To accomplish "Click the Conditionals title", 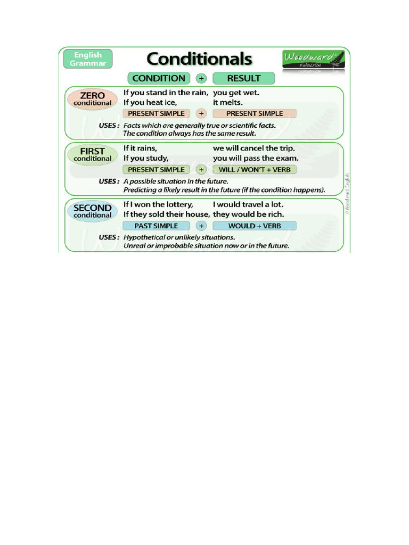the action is pyautogui.click(x=199, y=59).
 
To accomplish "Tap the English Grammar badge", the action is pyautogui.click(x=88, y=59).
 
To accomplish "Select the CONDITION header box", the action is pyautogui.click(x=158, y=78).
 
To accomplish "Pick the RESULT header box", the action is pyautogui.click(x=244, y=78).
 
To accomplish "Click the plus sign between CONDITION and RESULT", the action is pyautogui.click(x=201, y=79).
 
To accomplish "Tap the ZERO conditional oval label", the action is pyautogui.click(x=92, y=99).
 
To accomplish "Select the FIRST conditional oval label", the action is pyautogui.click(x=92, y=154).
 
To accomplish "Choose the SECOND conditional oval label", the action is pyautogui.click(x=92, y=211).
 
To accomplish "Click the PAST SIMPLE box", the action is pyautogui.click(x=156, y=226).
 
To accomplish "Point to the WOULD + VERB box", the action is pyautogui.click(x=255, y=226).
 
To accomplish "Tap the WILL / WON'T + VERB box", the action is pyautogui.click(x=255, y=170).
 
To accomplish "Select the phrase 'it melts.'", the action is pyautogui.click(x=227, y=102).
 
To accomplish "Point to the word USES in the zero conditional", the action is pyautogui.click(x=109, y=126).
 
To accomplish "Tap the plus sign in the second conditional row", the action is pyautogui.click(x=201, y=226).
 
